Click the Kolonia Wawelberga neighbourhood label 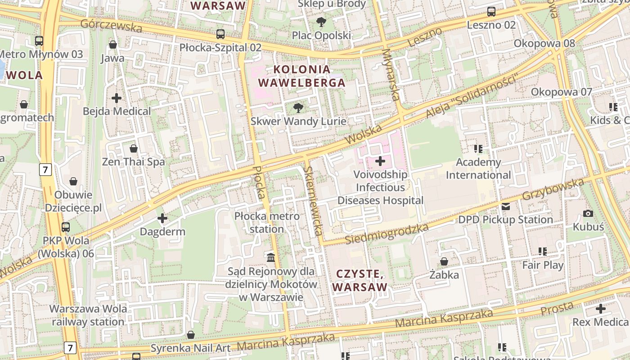302,76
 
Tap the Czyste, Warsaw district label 360,280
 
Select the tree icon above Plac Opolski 321,22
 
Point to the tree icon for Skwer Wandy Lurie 297,108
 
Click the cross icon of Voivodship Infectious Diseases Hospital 380,161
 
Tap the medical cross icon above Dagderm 162,219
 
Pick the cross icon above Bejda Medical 117,98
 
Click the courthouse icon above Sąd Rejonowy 271,258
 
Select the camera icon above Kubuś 588,213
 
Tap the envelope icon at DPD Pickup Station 506,207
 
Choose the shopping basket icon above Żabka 444,261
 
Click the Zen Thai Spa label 134,162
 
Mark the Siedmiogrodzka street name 387,234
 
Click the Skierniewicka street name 313,201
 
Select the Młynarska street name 390,74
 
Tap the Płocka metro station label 267,222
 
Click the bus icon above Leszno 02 491,12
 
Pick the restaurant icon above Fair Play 543,252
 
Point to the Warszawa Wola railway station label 88,315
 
